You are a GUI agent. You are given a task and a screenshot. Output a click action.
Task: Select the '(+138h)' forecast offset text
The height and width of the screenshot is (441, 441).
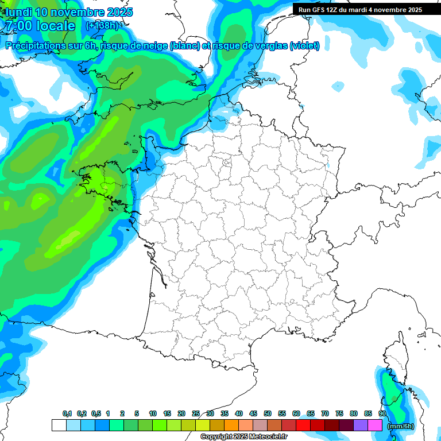pyautogui.click(x=102, y=26)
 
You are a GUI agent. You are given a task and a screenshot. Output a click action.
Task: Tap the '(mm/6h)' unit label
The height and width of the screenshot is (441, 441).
pyautogui.click(x=401, y=426)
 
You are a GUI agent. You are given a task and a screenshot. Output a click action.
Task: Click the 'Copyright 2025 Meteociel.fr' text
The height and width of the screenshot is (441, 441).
pyautogui.click(x=243, y=437)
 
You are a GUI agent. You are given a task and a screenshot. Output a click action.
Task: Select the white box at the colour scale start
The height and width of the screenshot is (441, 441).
pyautogui.click(x=59, y=425)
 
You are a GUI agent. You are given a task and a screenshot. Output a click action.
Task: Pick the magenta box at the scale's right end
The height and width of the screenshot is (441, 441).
pyautogui.click(x=375, y=425)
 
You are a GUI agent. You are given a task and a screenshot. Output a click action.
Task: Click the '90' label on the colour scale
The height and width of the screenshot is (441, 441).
pyautogui.click(x=382, y=413)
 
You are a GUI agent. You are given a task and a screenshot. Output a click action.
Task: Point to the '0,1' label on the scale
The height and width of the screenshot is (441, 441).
pyautogui.click(x=67, y=413)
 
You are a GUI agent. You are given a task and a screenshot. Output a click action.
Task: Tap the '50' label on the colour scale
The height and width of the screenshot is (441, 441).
pyautogui.click(x=268, y=413)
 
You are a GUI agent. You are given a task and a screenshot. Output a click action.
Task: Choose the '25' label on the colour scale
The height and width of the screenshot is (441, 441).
pyautogui.click(x=196, y=413)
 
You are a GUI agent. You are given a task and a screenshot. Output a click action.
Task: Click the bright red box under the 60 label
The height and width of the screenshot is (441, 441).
pyautogui.click(x=303, y=425)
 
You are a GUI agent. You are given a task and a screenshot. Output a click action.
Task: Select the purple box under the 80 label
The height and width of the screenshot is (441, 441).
pyautogui.click(x=361, y=425)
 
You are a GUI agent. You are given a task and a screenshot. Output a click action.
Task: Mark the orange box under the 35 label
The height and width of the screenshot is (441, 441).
pyautogui.click(x=231, y=425)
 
